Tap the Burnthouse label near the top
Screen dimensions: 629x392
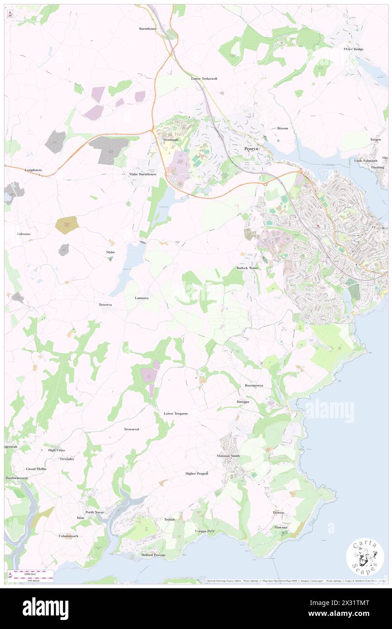tap(148, 29)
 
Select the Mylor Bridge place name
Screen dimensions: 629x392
tap(354, 49)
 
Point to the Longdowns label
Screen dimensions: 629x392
tap(33, 170)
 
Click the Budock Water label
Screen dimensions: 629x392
tap(247, 268)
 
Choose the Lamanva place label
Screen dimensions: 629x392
tap(142, 298)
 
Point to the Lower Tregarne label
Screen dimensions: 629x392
tap(176, 414)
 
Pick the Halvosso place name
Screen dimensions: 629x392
tap(23, 233)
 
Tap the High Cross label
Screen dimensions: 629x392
tap(57, 450)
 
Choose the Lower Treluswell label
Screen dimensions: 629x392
tap(204, 78)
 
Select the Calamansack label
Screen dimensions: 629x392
tap(68, 536)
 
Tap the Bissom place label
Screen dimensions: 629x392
tap(282, 128)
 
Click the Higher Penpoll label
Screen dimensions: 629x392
tap(197, 473)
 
